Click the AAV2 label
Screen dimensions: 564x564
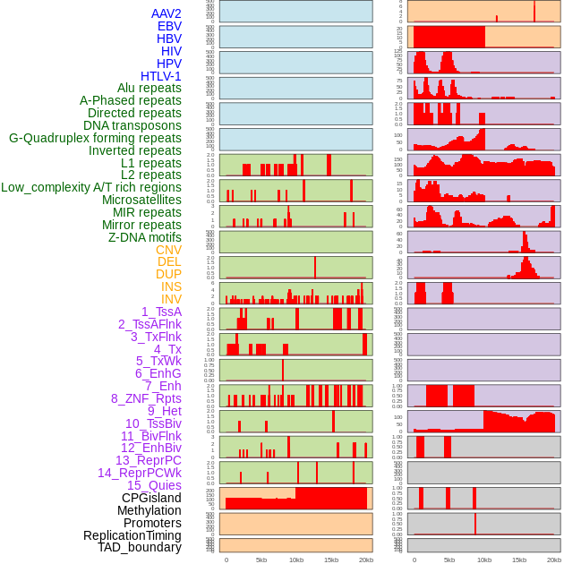coord(167,13)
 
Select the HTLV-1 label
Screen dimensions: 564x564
coord(161,76)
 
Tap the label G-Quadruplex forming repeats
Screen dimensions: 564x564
coord(95,138)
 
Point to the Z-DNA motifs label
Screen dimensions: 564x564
coord(145,237)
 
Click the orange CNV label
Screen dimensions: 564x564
coord(168,250)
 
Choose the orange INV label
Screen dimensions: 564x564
coord(171,299)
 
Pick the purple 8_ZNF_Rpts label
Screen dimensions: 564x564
coord(146,398)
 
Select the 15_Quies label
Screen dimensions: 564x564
coord(154,485)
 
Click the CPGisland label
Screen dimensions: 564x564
coord(151,498)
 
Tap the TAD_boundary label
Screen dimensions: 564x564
coord(140,547)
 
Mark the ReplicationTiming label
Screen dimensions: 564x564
coord(132,535)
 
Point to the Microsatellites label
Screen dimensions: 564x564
coord(141,200)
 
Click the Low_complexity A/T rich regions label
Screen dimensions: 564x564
coord(91,187)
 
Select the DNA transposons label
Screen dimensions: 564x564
coord(132,125)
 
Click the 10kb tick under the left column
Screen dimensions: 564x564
coord(295,560)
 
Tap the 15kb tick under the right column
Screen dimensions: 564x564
coord(519,560)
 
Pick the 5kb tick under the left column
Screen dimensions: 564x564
coord(261,560)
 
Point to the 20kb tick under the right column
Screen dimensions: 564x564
coord(554,560)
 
